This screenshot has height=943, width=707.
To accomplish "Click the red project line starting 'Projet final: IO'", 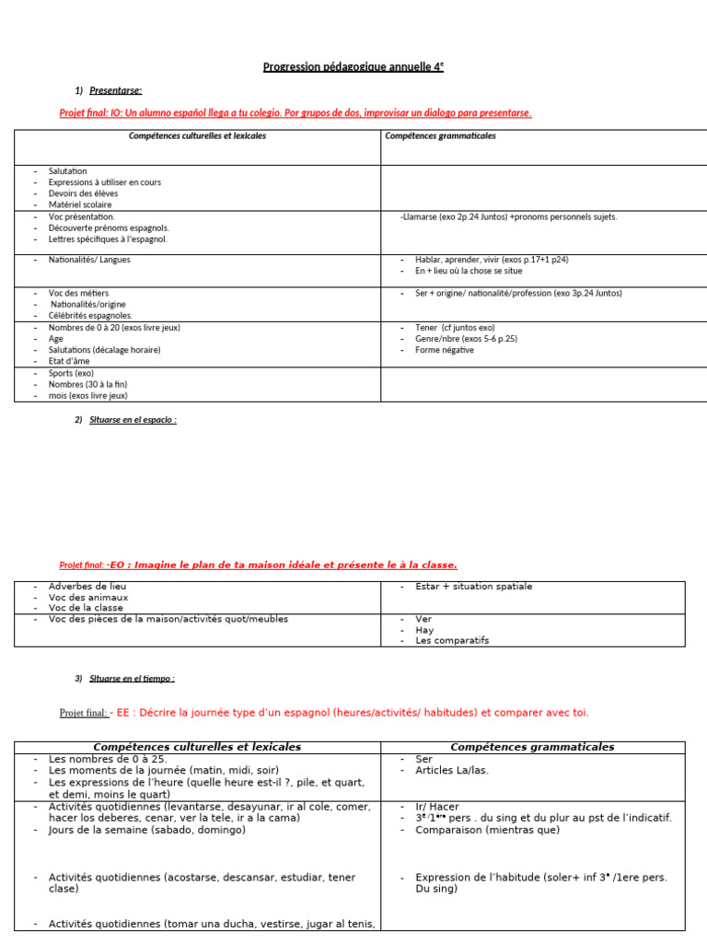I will pos(295,112).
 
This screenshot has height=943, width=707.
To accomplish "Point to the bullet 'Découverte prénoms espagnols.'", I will pos(109,227).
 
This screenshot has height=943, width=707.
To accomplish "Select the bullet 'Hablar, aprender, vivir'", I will pos(479,260).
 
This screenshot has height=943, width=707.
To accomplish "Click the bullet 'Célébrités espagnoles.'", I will pos(90,315).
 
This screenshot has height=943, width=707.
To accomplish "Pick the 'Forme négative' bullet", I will pos(445,350).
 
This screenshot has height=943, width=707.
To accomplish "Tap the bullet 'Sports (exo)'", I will pos(71,373).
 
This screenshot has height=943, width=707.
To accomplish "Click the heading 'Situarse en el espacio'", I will pos(133,420).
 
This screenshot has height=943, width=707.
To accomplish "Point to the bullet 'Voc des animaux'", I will pos(88,597).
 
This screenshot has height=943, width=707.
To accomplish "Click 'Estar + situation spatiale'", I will pos(473,586).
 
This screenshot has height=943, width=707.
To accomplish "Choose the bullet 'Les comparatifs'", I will pos(452,640).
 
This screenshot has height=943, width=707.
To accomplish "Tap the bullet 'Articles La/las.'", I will pos(452,770).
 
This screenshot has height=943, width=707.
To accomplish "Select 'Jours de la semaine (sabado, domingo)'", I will pos(147,830).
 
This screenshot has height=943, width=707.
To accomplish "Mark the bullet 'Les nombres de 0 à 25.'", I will pos(107,759).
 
